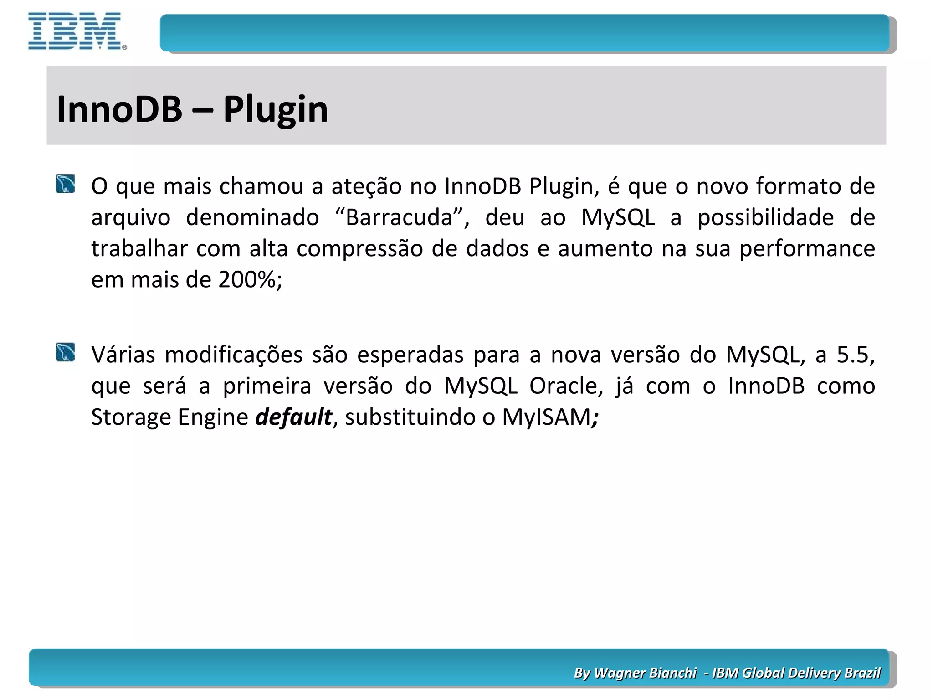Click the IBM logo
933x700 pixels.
(x=76, y=31)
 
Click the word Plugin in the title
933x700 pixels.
(x=275, y=109)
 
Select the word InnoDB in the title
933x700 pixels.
(x=119, y=109)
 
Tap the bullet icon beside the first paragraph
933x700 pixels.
(x=65, y=184)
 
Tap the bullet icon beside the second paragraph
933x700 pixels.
(x=65, y=352)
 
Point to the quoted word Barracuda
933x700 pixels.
(x=400, y=217)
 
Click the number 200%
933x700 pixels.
(x=249, y=279)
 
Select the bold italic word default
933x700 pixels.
(x=294, y=417)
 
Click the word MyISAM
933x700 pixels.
(x=546, y=417)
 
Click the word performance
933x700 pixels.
(x=807, y=249)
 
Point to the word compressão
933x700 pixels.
(x=360, y=249)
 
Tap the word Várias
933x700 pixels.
(x=123, y=355)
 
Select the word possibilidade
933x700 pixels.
(x=765, y=217)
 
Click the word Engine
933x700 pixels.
(x=213, y=417)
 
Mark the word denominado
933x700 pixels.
(x=252, y=217)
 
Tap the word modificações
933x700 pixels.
(x=234, y=355)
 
